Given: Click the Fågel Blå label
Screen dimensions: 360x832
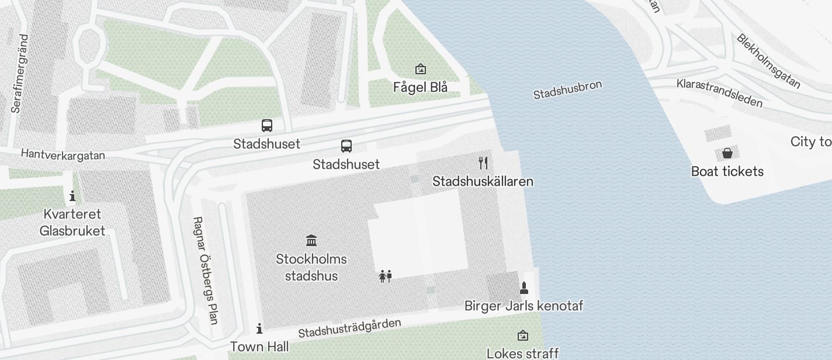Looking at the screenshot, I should [x=420, y=88].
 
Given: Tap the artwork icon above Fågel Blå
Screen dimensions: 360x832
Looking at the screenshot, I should [x=420, y=70].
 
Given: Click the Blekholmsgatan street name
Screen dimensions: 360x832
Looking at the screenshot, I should [x=768, y=61].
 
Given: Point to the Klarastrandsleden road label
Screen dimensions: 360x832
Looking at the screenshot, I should [x=719, y=93].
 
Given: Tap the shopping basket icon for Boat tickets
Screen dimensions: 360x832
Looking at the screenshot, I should [x=727, y=154].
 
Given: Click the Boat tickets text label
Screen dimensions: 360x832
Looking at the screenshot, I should [x=727, y=171].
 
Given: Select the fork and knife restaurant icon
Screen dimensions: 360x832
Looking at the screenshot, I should [x=483, y=163].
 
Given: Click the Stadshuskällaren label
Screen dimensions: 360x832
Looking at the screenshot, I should [x=483, y=181].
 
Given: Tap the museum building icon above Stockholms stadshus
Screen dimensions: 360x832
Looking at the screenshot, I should [x=311, y=240].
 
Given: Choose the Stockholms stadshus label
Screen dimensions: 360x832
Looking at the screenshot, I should [x=311, y=267].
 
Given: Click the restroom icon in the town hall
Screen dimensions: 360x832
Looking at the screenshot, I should [x=385, y=276].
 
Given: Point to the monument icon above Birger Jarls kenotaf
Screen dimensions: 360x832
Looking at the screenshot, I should [x=524, y=288].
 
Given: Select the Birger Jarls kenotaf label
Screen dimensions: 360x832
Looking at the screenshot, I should [x=524, y=306].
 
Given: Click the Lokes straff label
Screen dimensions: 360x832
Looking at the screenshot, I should [x=522, y=353].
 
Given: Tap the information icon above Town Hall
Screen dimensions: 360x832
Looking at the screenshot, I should [x=259, y=328].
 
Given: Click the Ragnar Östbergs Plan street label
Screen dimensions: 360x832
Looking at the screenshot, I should [x=205, y=270].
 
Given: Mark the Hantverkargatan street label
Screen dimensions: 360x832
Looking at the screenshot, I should [x=63, y=154].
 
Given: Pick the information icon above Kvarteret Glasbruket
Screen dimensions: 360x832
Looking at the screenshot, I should [x=72, y=196].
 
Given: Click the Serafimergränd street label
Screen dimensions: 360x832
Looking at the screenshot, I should [x=20, y=74].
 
